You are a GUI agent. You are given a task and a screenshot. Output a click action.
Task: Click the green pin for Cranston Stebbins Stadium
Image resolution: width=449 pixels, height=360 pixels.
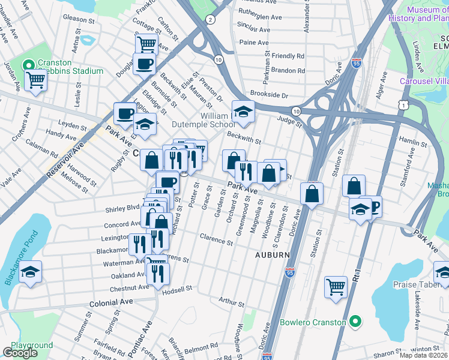[x=28, y=65]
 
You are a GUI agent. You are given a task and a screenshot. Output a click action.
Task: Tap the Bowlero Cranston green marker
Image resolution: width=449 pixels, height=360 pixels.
[x=355, y=322]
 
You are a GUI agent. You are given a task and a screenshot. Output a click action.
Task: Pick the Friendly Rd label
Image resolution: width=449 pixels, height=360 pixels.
[x=288, y=56]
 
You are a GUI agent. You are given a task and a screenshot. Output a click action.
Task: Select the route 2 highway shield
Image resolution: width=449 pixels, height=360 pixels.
[x=209, y=20]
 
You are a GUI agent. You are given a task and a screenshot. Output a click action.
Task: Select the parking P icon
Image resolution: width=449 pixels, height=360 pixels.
[x=374, y=207]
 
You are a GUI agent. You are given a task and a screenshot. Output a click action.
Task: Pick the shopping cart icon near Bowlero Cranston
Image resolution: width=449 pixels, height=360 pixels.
[x=336, y=286]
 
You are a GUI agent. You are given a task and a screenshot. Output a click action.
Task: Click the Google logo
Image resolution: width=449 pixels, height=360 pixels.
[x=20, y=353]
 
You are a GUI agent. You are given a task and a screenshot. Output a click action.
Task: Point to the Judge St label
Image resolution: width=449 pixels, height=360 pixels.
[x=288, y=119]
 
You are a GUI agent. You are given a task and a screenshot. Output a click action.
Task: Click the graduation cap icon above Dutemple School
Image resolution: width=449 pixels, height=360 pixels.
[x=243, y=111]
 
